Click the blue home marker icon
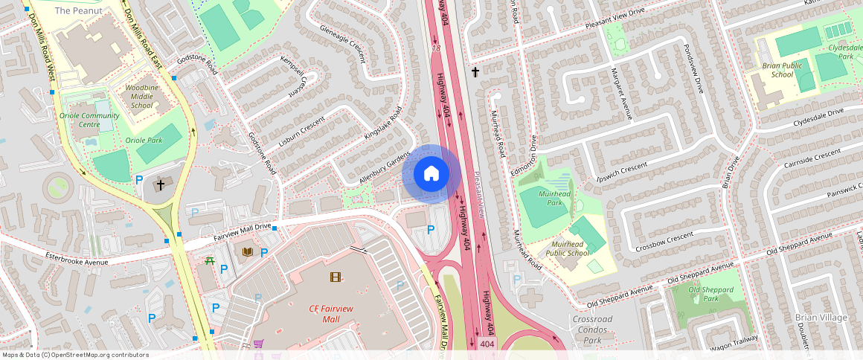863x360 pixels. (x=431, y=174)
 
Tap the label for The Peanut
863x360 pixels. (x=74, y=10)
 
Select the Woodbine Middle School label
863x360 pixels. (x=141, y=97)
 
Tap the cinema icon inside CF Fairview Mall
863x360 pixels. (x=336, y=277)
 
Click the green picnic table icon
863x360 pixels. (x=210, y=260)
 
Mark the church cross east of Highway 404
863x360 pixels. (x=475, y=72)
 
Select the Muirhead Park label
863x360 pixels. (x=554, y=198)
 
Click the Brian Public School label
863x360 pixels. (x=777, y=70)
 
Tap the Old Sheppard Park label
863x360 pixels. (x=709, y=294)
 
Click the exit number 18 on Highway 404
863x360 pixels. (x=437, y=48)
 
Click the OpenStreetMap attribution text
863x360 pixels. (x=75, y=355)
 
